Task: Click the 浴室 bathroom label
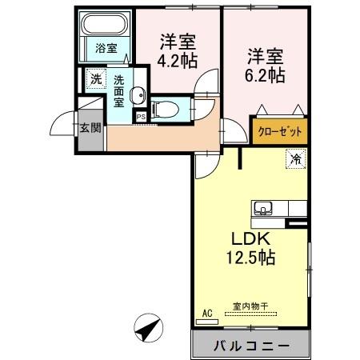(106, 48)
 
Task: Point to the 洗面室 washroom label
(118, 91)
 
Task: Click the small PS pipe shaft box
(141, 116)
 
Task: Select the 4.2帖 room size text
(178, 60)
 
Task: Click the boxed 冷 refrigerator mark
(294, 158)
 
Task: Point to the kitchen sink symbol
(263, 210)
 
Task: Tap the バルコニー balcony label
(250, 346)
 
